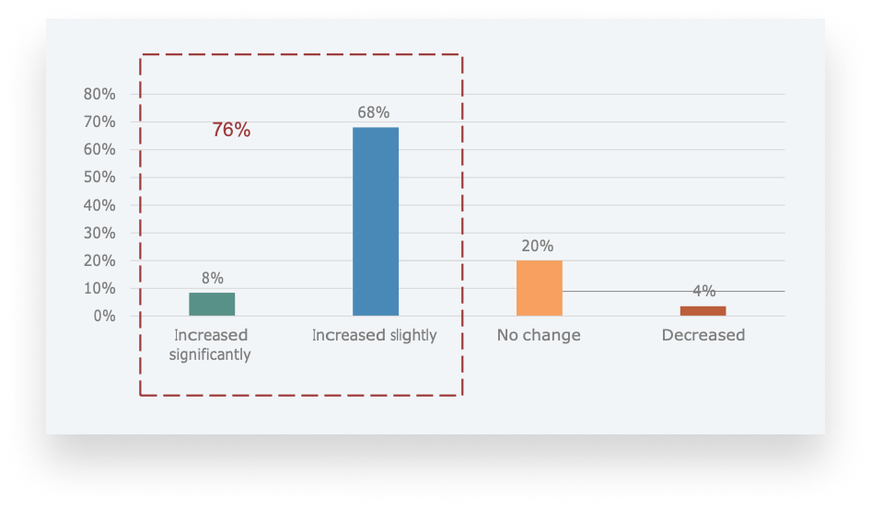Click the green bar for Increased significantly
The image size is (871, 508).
[x=212, y=304]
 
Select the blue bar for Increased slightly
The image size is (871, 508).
[x=376, y=221]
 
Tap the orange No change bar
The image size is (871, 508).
[x=539, y=288]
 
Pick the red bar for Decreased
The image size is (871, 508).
[x=703, y=310]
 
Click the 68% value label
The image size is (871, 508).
[x=374, y=113]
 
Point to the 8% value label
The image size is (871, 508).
[x=212, y=278]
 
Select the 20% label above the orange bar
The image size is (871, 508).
[x=538, y=246]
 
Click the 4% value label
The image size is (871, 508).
[x=703, y=291]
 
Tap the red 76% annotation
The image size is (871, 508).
[x=231, y=130]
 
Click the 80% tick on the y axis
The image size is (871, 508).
[x=99, y=94]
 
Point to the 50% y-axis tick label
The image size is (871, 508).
[x=99, y=177]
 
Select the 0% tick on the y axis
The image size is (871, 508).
[x=103, y=316]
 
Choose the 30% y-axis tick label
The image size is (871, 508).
[x=99, y=233]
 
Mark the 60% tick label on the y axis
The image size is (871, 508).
[x=99, y=149]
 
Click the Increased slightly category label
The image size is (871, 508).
[x=374, y=335]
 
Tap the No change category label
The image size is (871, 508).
[x=539, y=335]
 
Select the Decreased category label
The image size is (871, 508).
[x=703, y=335]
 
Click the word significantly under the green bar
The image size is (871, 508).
[x=210, y=354]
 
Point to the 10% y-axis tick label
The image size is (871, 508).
[x=99, y=288]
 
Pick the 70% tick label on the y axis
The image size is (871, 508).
[x=99, y=121]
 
